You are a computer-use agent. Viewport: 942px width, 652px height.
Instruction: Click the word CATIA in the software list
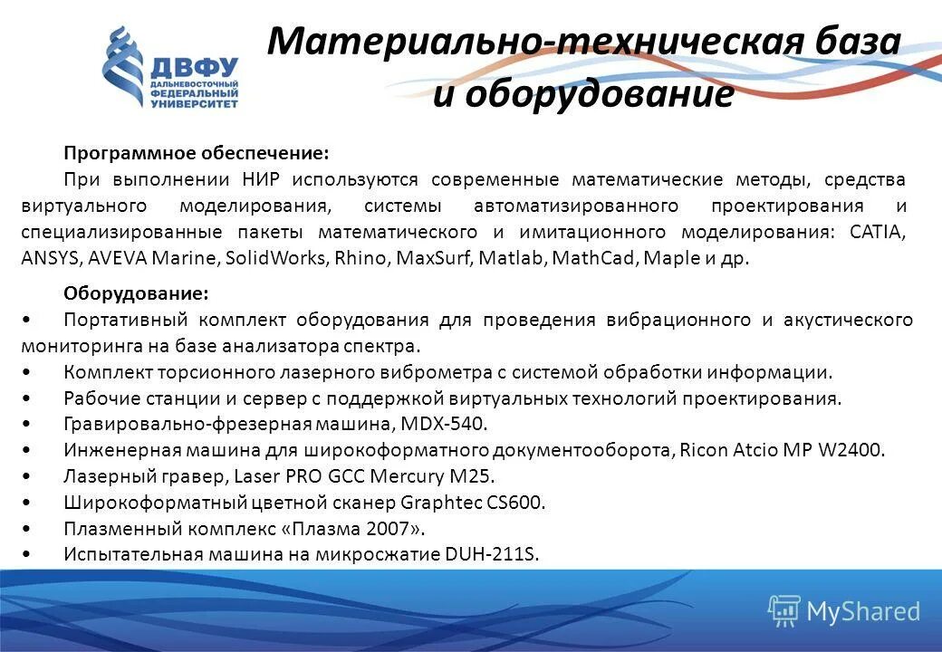(x=877, y=231)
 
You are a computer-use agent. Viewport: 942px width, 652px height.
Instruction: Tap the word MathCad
(x=594, y=257)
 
